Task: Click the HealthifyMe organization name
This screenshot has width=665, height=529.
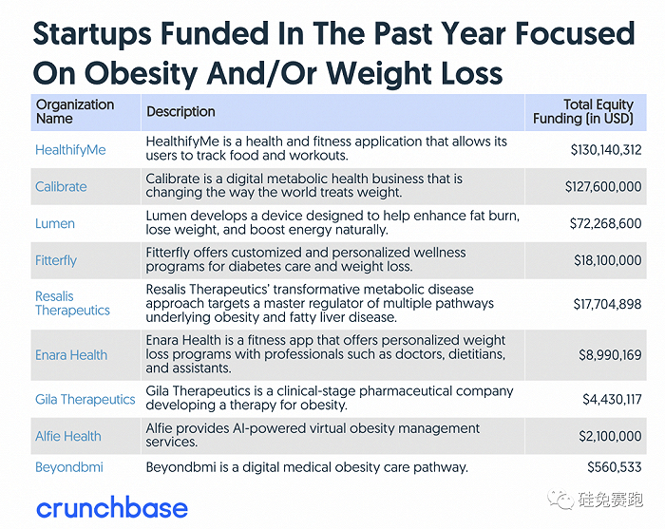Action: pos(69,150)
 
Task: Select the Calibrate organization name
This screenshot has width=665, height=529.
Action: pos(61,187)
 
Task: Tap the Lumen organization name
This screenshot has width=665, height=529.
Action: pos(55,224)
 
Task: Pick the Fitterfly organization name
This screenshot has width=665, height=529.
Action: pos(56,260)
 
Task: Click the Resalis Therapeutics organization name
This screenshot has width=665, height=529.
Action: pos(72,303)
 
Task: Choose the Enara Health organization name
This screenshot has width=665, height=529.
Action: pos(71,355)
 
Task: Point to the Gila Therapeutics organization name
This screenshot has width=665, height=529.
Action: pos(85,400)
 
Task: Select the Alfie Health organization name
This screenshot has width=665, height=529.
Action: pos(68,437)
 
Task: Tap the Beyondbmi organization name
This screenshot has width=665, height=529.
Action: pos(68,467)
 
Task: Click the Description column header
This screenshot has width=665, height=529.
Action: pos(180,112)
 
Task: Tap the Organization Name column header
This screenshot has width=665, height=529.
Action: pos(74,112)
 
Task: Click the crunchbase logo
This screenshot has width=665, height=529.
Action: pos(111,507)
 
